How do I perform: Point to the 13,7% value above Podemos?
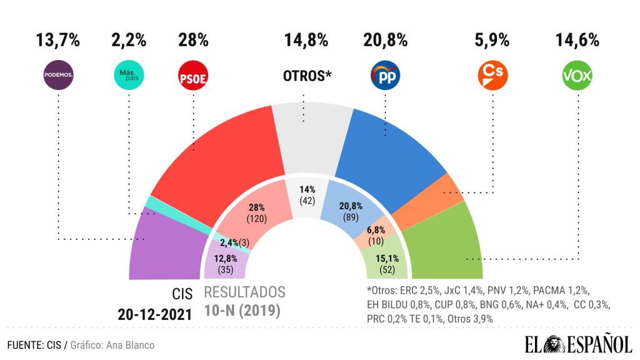58,41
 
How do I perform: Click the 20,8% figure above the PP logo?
385,41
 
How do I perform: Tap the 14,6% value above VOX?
577,41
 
